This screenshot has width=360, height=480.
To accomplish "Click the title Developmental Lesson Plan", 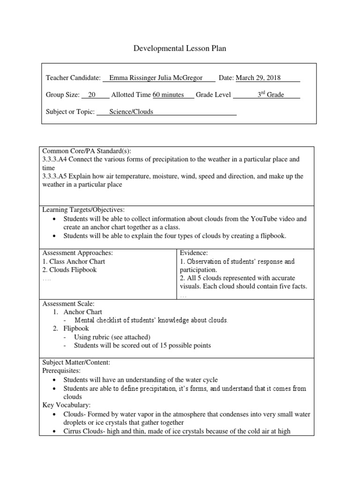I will [x=180, y=48].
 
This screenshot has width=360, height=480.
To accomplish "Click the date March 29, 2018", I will [x=258, y=78].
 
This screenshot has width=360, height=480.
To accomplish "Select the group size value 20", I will [x=92, y=95].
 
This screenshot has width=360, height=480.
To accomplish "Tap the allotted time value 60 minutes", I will [x=168, y=95].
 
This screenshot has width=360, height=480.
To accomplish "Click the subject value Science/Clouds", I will [x=131, y=112].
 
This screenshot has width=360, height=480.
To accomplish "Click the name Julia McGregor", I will [x=187, y=78].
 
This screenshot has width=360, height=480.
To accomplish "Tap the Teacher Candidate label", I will [x=73, y=78].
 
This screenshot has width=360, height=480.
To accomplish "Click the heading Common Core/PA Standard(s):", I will [x=87, y=151].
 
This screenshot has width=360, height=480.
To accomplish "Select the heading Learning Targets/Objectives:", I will [x=83, y=210].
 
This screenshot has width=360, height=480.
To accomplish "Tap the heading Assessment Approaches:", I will [x=78, y=253].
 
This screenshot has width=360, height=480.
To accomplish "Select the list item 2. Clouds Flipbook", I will [x=69, y=270].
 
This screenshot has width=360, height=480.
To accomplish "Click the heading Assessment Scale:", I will [x=68, y=303].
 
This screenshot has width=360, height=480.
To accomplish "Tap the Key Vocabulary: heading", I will [x=67, y=405].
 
